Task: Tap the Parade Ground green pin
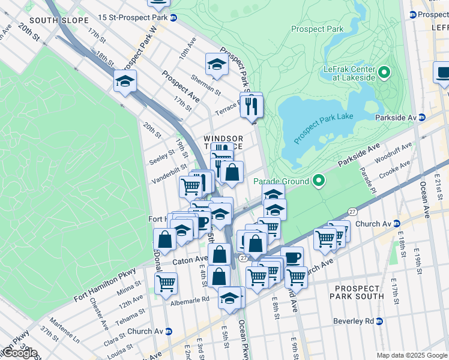tap(319, 181)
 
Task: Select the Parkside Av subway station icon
tap(421, 118)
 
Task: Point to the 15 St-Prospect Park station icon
tap(173, 18)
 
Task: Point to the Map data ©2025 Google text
tap(411, 355)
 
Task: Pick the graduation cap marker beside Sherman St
tap(217, 65)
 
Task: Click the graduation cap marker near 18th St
tap(125, 82)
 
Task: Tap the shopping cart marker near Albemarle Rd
tap(166, 283)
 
